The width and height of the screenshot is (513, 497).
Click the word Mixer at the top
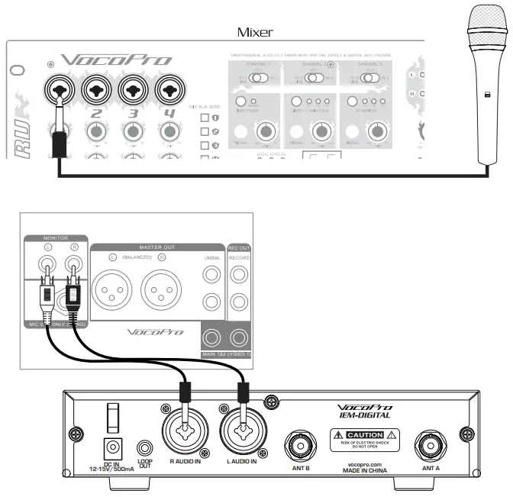256,32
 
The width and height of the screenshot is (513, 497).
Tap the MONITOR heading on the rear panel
56,237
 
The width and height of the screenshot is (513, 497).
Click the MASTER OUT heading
158,246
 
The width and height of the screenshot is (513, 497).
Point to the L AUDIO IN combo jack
244,431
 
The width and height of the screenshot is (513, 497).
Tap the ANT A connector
430,444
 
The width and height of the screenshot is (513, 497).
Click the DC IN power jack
114,447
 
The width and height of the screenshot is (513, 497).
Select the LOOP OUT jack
144,448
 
